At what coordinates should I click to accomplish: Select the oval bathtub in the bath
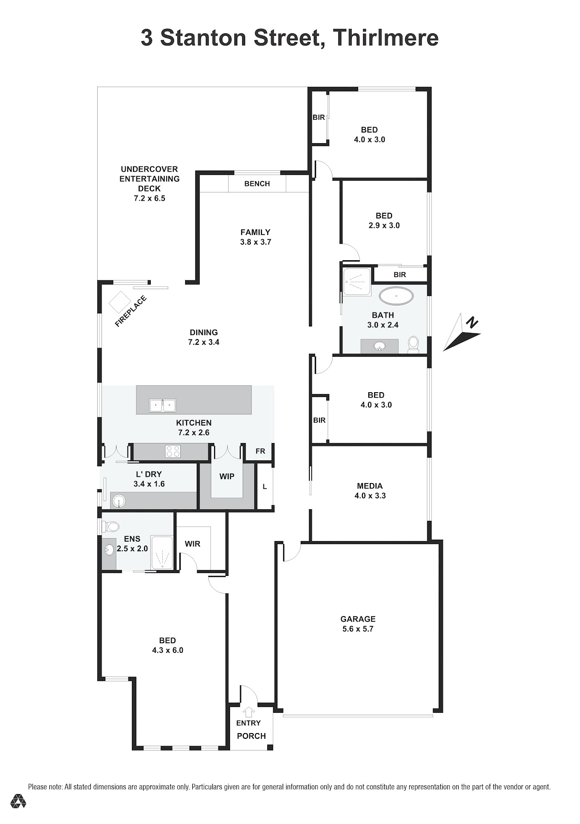[396, 296]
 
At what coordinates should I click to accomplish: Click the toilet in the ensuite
[110, 527]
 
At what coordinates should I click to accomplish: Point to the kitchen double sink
[162, 405]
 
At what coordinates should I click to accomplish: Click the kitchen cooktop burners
[173, 451]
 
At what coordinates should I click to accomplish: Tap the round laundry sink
[119, 500]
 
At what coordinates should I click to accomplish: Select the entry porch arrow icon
[249, 712]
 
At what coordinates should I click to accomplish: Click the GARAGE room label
[358, 619]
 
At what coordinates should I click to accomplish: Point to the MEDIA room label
[370, 486]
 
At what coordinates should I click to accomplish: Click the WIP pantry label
[227, 476]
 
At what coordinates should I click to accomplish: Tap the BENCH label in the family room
[257, 184]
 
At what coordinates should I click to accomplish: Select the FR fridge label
[261, 451]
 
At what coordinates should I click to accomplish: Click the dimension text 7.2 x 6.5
[150, 198]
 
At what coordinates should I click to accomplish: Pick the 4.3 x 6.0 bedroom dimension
[168, 650]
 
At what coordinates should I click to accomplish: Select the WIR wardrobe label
[192, 544]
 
